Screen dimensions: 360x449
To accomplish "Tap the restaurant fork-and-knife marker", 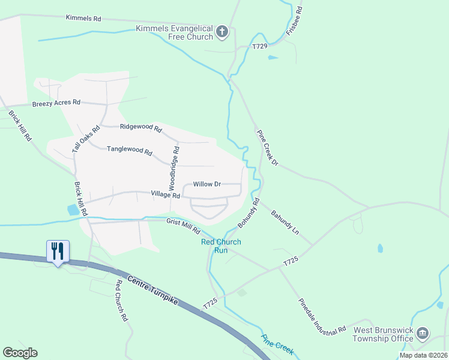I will coord(58,251).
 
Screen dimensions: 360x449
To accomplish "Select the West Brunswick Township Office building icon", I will coord(423,334).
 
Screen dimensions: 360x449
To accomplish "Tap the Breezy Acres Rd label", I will coord(56,103).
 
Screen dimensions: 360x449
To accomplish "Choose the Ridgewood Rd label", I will coord(141,127).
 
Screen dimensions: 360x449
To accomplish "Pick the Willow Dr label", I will coord(207,184).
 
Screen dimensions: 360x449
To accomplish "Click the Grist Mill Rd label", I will coord(182,223).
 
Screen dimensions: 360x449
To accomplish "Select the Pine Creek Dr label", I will coord(268,148).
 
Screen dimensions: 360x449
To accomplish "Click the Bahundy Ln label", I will coord(285,221).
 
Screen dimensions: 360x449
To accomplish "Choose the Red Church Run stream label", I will coord(221,246).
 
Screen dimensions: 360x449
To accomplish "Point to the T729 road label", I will coord(259,46).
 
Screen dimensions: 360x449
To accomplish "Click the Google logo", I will coord(20,353).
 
